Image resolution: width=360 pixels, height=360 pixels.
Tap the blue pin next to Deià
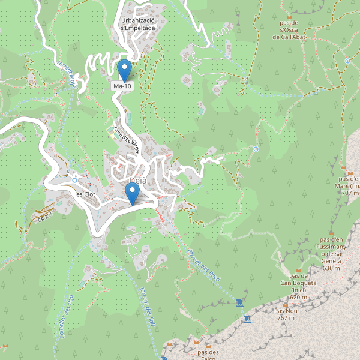point(132,194)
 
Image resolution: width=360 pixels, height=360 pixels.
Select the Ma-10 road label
point(122,86)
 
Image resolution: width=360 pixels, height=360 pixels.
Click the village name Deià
point(137,181)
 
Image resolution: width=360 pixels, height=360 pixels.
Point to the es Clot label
point(86,194)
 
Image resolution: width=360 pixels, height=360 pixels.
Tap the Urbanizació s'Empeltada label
point(138,23)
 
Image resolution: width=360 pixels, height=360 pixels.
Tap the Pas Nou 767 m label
point(286,314)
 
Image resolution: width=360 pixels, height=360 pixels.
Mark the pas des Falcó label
point(207,355)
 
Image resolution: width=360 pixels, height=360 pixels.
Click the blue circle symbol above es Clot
point(74,180)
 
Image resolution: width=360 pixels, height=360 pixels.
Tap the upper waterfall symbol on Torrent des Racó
point(240,301)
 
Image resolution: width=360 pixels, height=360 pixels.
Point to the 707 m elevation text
point(350,193)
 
